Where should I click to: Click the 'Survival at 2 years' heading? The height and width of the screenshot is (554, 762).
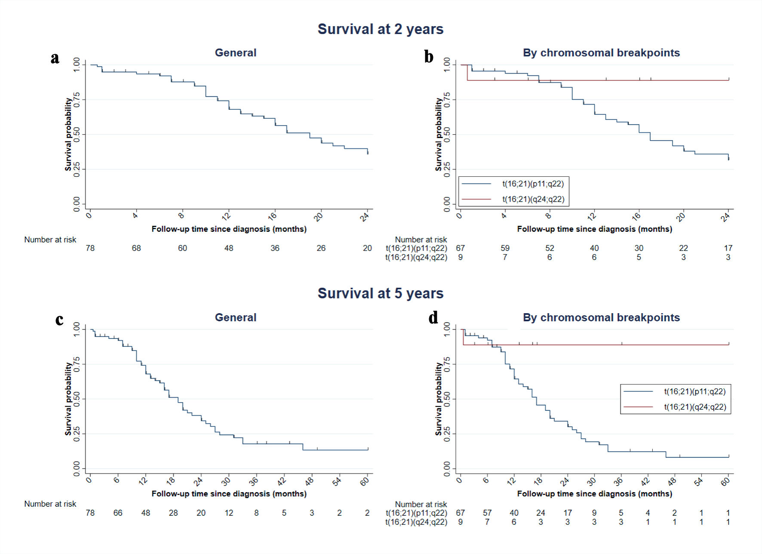pos(381,29)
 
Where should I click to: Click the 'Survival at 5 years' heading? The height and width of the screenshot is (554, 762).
pos(381,293)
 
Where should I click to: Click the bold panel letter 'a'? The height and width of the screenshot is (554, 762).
pos(55,58)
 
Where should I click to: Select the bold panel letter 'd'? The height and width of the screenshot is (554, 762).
pos(433,318)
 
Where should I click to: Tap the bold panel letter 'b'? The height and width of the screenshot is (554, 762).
pos(429,57)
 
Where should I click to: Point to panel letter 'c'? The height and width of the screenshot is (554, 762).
pos(59,320)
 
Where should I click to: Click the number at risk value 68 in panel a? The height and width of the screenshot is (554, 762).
pos(136,248)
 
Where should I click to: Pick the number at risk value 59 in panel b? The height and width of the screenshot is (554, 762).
pos(505,248)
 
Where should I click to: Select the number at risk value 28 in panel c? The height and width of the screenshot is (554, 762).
pos(173,513)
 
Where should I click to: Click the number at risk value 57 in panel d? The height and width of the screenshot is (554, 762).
pos(487,513)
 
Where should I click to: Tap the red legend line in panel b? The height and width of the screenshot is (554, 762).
pos(476,199)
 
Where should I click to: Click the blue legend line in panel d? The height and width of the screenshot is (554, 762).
pos(638,391)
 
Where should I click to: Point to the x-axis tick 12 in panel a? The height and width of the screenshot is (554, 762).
pos(227,216)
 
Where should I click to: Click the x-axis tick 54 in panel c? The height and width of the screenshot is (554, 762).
pos(337,481)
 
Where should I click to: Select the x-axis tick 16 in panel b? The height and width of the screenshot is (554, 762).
pos(636,216)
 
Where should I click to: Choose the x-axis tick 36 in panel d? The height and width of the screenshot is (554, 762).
pos(618,481)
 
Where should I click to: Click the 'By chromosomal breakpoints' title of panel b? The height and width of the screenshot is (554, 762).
pos(601,53)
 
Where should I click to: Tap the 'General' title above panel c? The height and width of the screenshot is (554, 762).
pos(236,317)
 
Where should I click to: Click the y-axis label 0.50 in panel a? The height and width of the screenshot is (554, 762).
pos(77,134)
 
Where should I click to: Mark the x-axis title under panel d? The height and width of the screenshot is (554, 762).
pos(594,494)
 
